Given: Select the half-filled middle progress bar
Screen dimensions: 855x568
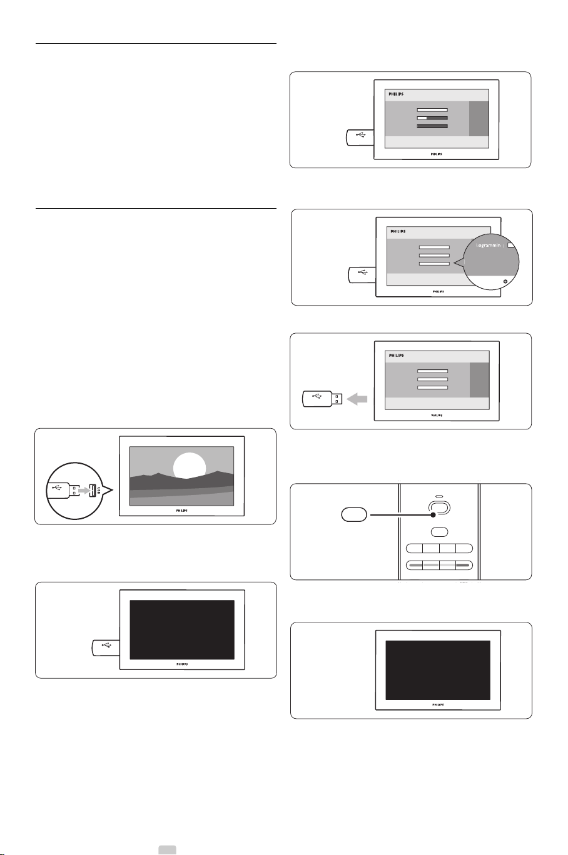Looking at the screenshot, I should [x=432, y=117].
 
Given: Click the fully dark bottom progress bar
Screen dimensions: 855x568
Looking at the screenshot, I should [x=432, y=126].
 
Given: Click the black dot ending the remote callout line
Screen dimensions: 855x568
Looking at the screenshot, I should [x=432, y=516].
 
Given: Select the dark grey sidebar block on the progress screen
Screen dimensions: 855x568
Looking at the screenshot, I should [x=477, y=119].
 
